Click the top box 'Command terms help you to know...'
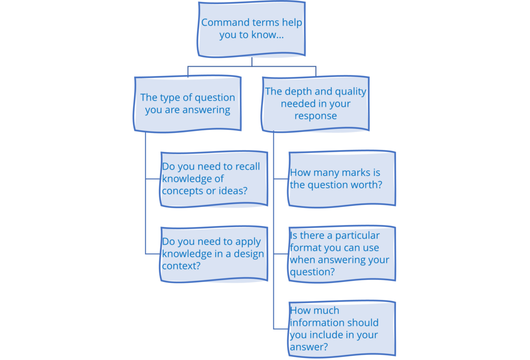252,29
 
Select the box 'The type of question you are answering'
187,103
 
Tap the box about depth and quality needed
316,103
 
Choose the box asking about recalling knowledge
213,179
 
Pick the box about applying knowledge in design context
213,253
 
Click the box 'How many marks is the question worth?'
342,179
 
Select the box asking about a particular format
342,253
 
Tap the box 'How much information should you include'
342,328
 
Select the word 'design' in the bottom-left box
249,254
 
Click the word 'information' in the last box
315,323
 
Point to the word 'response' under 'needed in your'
316,116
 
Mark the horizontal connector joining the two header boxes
252,66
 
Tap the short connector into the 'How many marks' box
281,179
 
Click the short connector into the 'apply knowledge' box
153,253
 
